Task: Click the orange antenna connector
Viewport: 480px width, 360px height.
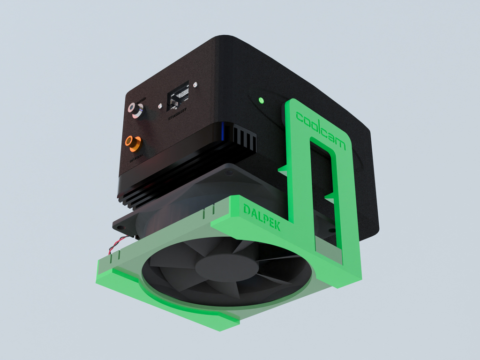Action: tap(133, 142)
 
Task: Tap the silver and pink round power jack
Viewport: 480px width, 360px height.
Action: tap(136, 110)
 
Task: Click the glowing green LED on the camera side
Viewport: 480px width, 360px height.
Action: tap(261, 100)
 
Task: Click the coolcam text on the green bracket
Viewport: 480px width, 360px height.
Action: tap(321, 130)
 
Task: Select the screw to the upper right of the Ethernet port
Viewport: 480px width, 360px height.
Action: tap(195, 85)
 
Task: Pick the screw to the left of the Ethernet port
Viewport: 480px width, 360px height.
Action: tap(160, 107)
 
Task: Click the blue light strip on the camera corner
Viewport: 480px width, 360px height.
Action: tap(229, 132)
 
